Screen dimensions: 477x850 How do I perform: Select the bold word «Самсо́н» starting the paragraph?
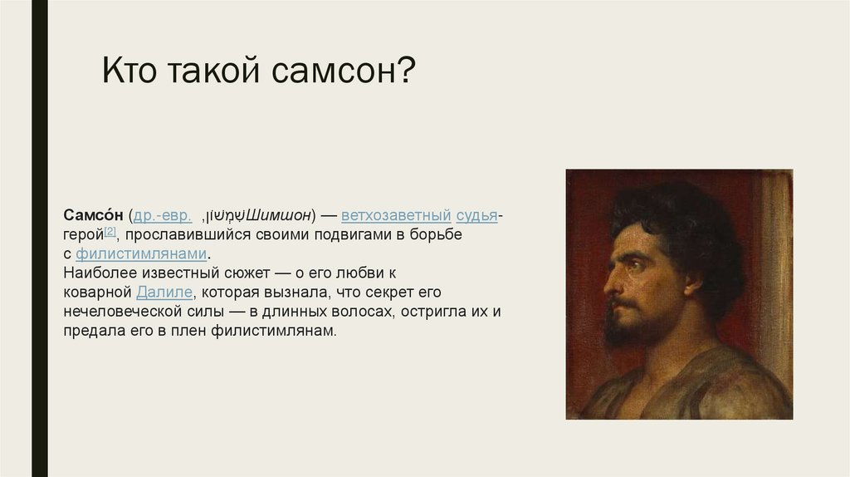(93, 216)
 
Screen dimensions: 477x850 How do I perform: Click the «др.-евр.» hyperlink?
(163, 216)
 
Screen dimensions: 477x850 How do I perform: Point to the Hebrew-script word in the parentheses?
(226, 216)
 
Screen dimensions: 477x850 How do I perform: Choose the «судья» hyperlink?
(476, 216)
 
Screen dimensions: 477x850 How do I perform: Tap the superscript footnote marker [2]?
(110, 232)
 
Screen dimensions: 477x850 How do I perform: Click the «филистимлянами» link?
(141, 254)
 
